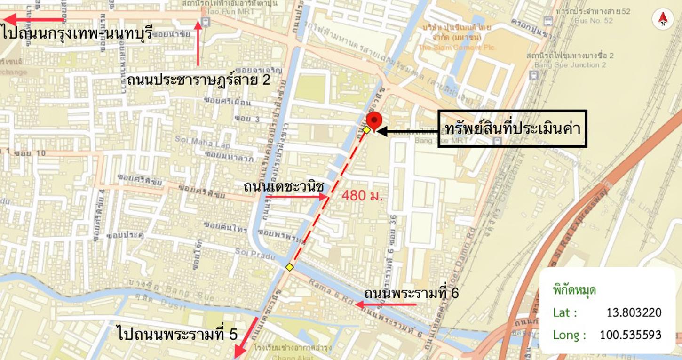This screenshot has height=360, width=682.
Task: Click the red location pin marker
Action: [x=374, y=120]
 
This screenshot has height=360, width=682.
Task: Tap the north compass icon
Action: [x=663, y=19]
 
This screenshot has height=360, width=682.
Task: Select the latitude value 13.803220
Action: [x=634, y=312]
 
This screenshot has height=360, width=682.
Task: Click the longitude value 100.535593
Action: [x=630, y=335]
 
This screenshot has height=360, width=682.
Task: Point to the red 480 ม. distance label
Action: [x=362, y=195]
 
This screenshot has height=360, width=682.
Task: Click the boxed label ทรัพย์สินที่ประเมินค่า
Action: [x=512, y=129]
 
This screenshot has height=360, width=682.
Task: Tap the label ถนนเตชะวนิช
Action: [x=284, y=187]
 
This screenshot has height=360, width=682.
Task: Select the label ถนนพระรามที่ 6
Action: [x=411, y=293]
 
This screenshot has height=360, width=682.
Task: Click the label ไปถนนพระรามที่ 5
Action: [x=178, y=334]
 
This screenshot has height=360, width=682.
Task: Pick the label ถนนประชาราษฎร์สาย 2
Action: [x=198, y=80]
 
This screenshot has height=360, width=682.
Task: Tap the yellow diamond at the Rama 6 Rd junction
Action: [x=290, y=267]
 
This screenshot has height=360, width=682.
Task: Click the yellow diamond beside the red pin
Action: [x=366, y=129]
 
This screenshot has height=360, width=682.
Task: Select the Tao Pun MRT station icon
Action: [x=206, y=22]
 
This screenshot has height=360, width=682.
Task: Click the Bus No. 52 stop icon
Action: [x=548, y=21]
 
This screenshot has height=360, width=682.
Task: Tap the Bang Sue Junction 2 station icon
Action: [x=533, y=75]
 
